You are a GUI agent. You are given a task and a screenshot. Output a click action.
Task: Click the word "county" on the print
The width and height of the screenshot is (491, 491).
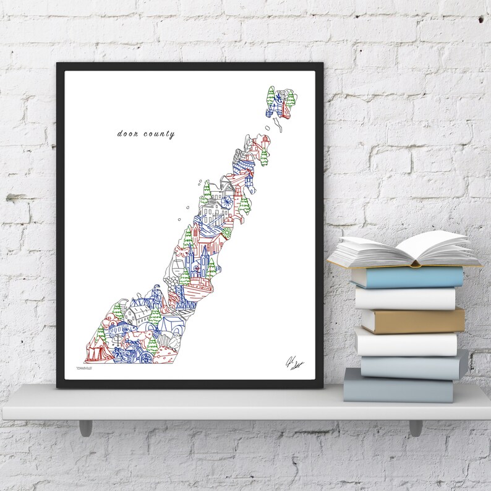coord(160,134)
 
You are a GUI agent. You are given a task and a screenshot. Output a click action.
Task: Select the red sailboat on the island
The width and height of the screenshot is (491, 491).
coord(286,109)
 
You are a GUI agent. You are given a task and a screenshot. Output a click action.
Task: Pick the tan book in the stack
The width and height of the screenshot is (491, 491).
coord(412,320)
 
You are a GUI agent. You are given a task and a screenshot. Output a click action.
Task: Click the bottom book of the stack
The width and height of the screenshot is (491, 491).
coord(399,386)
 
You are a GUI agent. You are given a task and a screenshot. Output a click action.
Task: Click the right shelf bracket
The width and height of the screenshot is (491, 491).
coord(415,427)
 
